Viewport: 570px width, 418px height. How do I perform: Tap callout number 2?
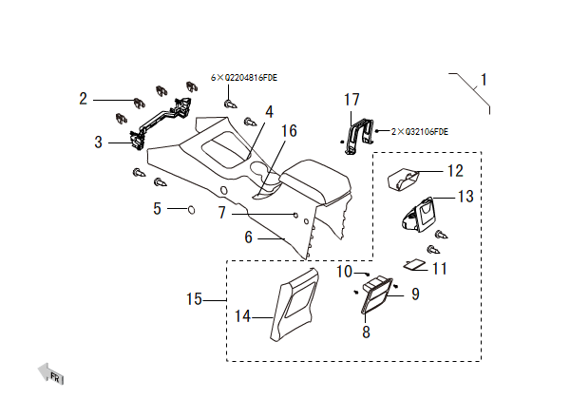tap(84, 98)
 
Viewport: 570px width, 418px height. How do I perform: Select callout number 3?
tap(98, 142)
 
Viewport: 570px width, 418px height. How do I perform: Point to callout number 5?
tap(158, 207)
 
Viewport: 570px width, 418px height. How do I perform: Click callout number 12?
tap(454, 171)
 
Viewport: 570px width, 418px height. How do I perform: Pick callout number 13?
tap(465, 197)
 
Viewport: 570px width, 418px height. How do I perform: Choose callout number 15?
tap(195, 299)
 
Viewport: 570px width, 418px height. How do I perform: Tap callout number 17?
tap(351, 99)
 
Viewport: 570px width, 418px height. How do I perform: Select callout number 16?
tap(289, 130)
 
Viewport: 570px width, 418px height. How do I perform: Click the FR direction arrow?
tap(47, 373)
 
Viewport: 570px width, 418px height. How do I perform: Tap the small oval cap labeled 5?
tap(188, 208)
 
